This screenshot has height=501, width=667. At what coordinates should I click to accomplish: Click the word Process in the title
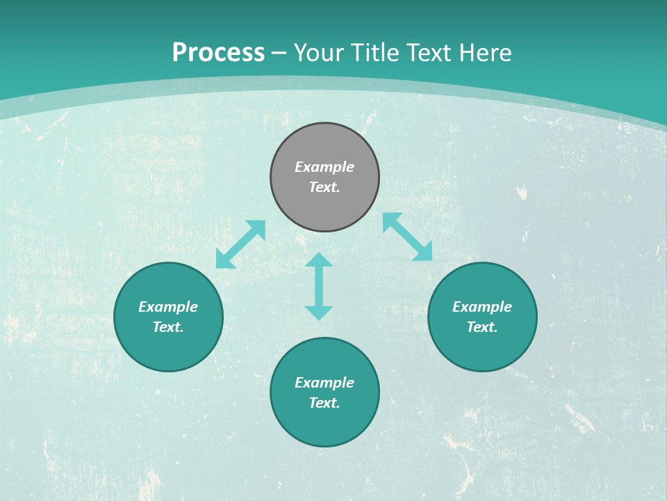point(218,53)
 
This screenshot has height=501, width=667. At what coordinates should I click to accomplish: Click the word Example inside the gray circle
point(324,167)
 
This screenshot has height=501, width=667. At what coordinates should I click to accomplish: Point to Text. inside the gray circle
point(324,187)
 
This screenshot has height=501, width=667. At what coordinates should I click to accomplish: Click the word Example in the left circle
point(168,307)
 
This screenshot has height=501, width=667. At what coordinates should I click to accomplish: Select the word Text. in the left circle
point(168,327)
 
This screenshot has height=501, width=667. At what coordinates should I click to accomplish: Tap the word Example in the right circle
point(482,307)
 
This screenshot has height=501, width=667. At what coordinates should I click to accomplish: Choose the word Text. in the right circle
point(482,327)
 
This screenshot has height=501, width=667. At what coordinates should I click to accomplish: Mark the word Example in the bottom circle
point(324,383)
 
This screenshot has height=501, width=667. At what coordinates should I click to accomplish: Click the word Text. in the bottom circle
point(324,403)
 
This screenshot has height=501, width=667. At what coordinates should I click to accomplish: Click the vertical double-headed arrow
point(319,286)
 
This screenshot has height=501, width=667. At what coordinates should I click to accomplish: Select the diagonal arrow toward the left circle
point(240,244)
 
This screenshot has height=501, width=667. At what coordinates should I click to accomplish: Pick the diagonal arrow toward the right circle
point(407,237)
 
